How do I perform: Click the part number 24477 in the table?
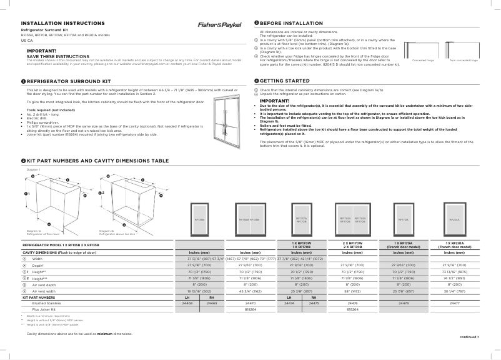tap(454, 302)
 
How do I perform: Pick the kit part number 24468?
tap(187, 302)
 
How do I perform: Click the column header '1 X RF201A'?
tap(454, 243)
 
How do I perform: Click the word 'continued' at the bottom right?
tap(469, 337)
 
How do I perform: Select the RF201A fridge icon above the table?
tap(454, 219)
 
